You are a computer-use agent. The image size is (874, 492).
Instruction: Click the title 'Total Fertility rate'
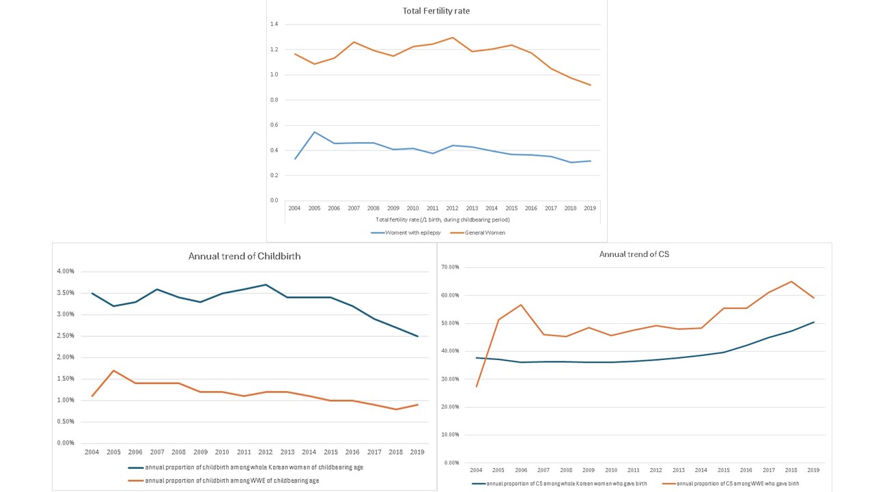436,11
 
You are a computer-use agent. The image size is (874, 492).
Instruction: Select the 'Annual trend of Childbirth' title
244,256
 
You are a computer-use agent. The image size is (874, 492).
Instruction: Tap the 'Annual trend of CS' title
629,254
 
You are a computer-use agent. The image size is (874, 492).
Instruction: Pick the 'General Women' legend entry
485,233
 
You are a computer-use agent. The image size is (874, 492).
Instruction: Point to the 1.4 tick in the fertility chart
274,25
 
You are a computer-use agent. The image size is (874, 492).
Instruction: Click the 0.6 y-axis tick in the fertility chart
274,125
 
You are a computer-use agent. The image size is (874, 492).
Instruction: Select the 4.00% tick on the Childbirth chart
66,271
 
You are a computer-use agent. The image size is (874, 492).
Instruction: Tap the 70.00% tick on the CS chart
450,267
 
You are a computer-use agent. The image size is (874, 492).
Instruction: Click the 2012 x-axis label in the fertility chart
452,208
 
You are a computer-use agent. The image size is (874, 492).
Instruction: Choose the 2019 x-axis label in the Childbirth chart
417,452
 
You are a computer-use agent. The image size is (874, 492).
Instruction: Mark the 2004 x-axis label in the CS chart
477,470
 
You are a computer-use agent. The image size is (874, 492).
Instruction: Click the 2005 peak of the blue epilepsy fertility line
315,132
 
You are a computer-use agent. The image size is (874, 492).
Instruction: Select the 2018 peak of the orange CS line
791,282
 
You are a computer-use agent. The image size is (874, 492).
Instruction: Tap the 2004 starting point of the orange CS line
477,387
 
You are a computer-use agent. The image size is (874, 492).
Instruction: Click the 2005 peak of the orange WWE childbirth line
113,370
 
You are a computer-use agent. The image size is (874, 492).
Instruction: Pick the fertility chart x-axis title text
442,219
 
